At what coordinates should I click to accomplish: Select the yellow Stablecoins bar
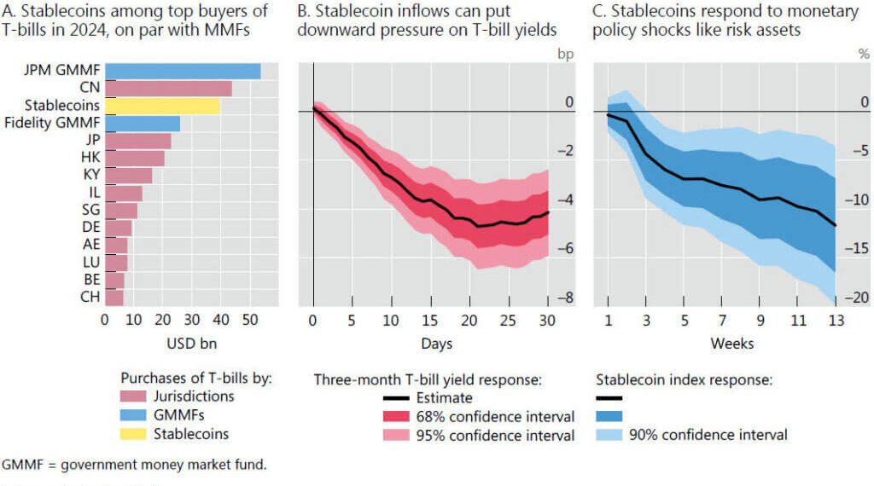coord(162,106)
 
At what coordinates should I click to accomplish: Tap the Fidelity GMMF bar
coord(142,124)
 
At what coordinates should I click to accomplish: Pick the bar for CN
coord(168,89)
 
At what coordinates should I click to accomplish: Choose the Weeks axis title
coord(732,343)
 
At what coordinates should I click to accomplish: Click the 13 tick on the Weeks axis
coord(836,320)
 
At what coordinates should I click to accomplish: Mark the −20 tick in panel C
coord(857,298)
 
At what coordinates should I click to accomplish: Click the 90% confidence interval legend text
coord(708,435)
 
